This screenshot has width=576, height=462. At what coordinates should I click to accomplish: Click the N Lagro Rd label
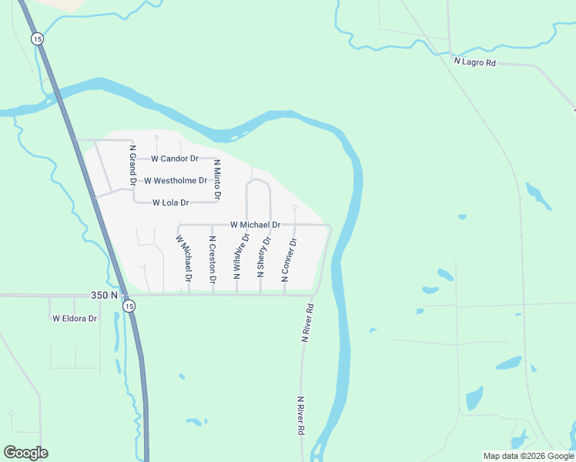474,62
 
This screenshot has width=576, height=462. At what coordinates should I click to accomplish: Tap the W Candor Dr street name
175,159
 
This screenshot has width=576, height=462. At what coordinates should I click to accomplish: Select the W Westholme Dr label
176,181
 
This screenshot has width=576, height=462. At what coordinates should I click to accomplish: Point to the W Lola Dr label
171,203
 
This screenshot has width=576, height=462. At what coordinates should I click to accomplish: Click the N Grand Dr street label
132,168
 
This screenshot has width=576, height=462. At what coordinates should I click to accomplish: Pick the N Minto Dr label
217,180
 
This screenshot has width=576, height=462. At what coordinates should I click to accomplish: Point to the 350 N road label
103,295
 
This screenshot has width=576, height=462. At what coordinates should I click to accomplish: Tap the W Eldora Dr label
75,318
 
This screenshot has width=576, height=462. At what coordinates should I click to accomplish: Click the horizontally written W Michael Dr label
255,225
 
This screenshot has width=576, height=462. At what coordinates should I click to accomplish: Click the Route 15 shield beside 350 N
129,306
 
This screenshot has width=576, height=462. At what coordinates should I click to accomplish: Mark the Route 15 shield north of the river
37,38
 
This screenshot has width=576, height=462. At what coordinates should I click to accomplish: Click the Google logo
25,453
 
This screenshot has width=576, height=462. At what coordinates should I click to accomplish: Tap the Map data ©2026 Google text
528,456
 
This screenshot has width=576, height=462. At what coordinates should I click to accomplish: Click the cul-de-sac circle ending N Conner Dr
294,208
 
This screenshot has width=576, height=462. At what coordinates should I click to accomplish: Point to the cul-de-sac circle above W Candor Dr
156,138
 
